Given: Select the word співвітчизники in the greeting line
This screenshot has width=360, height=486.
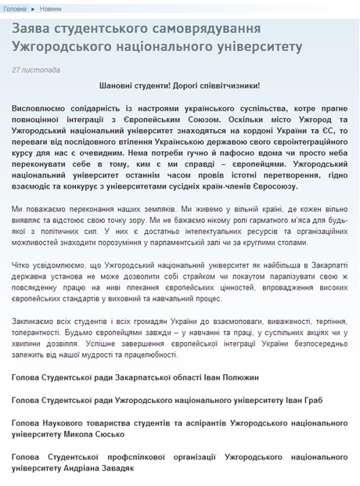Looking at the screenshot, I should coord(226,85).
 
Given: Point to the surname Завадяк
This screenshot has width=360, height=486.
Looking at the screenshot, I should coord(115,468).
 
